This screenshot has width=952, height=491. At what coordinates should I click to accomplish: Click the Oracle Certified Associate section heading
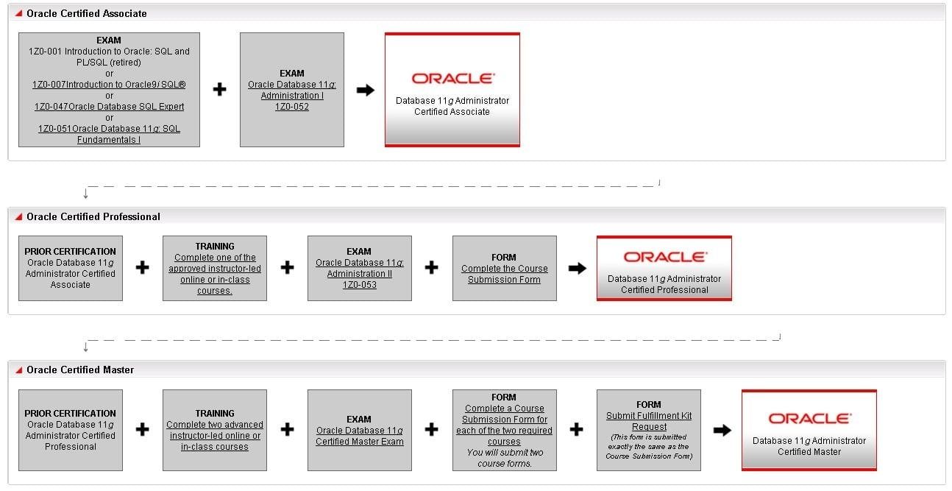[86, 13]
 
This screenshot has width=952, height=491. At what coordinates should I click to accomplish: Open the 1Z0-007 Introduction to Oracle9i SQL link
[109, 85]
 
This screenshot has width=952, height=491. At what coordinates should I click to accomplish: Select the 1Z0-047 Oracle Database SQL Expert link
[109, 107]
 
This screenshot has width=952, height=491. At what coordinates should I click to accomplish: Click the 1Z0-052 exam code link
[291, 107]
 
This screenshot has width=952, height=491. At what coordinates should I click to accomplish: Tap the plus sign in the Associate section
[219, 89]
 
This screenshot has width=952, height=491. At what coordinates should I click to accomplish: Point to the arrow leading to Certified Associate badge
[366, 90]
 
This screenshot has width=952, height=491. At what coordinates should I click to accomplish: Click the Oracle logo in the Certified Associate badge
[452, 78]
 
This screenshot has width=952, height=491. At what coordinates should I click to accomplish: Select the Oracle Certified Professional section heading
[93, 217]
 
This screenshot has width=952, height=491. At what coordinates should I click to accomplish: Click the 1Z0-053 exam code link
[360, 285]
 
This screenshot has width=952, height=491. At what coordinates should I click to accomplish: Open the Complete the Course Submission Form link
[505, 274]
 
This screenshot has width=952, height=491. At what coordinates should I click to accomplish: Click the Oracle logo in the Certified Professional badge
[665, 257]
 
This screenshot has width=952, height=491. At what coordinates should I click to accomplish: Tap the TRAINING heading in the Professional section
[215, 247]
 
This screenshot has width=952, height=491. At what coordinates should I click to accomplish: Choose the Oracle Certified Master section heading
[80, 370]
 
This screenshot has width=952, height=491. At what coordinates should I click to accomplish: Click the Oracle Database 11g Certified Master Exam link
[360, 437]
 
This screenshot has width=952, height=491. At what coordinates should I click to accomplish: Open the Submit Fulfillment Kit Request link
[649, 421]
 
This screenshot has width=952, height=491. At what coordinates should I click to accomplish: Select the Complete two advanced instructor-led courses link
[215, 436]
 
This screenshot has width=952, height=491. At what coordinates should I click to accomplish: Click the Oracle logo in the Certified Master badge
[809, 418]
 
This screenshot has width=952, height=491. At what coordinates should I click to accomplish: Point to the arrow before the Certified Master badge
[722, 430]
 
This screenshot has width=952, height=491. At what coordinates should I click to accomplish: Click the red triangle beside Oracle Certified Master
[18, 370]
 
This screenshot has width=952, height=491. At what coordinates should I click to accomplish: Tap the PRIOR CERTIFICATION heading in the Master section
[70, 414]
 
